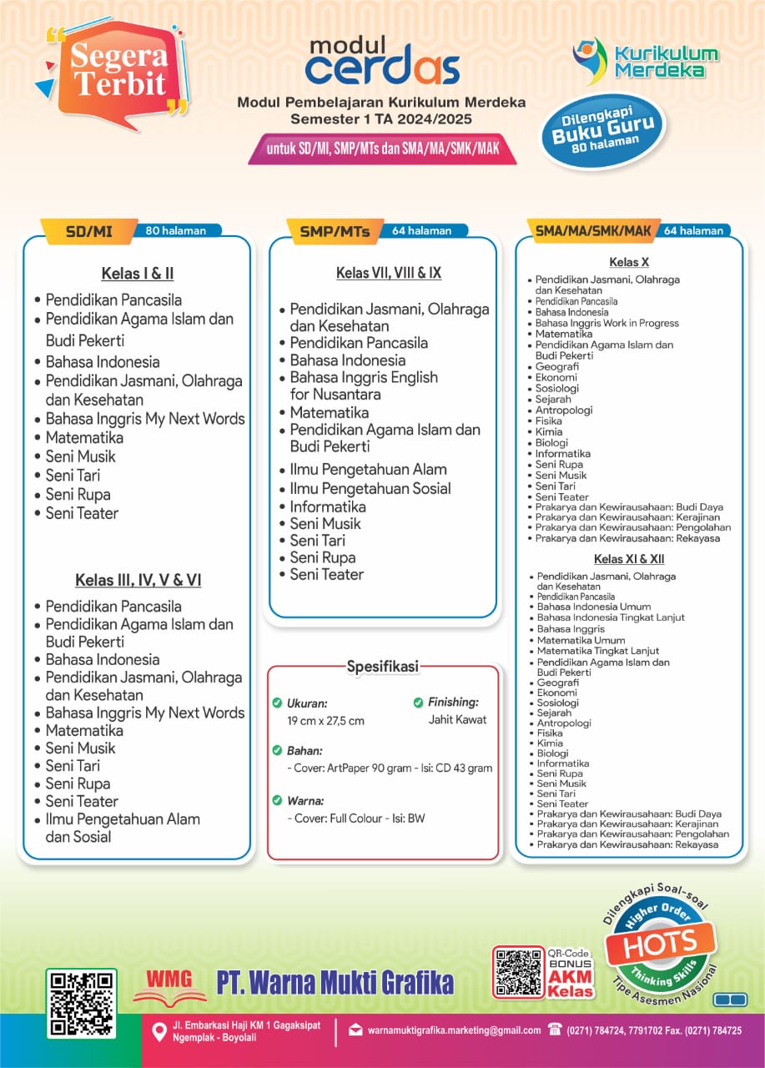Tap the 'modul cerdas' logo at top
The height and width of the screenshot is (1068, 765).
tap(382, 61)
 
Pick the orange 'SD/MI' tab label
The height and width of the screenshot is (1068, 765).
tap(88, 231)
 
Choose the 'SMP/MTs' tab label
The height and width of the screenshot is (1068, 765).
tap(333, 231)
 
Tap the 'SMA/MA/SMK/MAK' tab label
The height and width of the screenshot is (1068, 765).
tap(592, 230)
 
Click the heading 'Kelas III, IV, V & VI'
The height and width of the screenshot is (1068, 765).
tap(138, 580)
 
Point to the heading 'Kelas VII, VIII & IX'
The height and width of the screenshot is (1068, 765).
tap(389, 273)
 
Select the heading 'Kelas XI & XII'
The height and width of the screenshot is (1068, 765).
tap(629, 559)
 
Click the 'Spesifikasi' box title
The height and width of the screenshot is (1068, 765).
tap(382, 666)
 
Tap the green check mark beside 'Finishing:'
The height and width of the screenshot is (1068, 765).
tap(419, 703)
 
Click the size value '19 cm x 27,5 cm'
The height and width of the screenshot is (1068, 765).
tap(325, 721)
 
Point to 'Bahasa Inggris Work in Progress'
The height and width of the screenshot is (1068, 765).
tap(606, 323)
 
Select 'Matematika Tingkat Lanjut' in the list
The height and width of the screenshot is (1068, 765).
tap(597, 651)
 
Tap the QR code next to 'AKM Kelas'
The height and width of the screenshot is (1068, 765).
tap(518, 972)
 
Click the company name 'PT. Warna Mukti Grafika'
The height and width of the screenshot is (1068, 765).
tap(335, 982)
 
